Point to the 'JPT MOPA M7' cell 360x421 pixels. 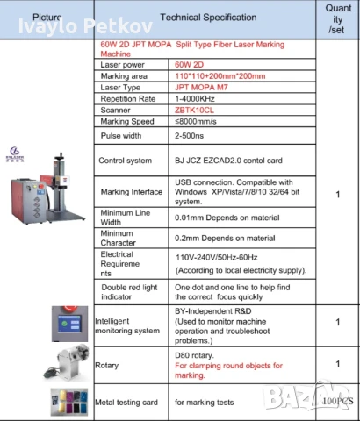[205, 88]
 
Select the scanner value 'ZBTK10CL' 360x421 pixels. [197, 112]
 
